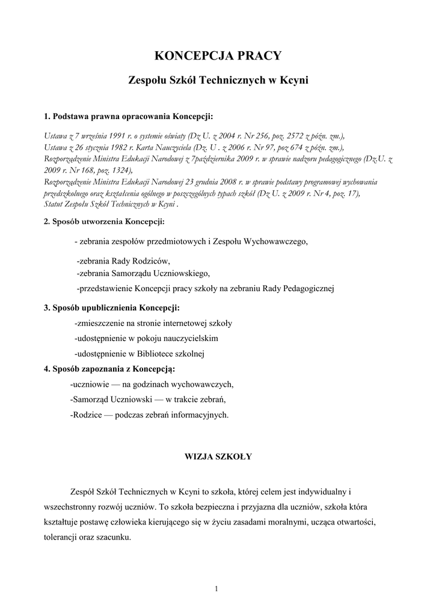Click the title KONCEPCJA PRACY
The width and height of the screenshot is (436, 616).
point(218,57)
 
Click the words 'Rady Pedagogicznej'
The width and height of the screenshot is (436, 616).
point(298,288)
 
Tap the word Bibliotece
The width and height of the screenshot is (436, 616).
point(155,353)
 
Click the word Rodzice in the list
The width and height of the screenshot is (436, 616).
point(88,414)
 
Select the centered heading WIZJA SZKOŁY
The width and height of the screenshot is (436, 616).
point(217,456)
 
